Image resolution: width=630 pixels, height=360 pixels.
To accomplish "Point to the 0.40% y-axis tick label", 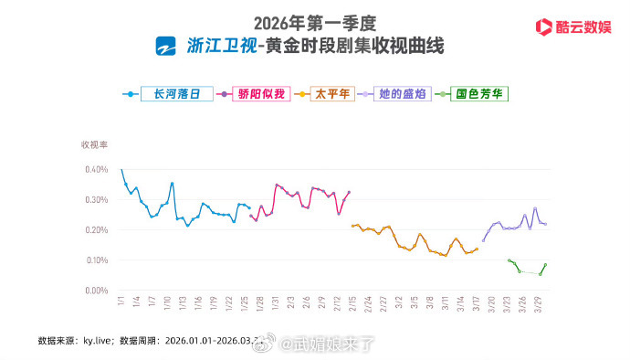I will [x=97, y=169].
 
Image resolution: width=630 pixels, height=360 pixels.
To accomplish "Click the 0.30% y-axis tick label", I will [x=97, y=199].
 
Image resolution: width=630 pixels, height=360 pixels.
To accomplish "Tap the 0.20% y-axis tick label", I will [x=97, y=229].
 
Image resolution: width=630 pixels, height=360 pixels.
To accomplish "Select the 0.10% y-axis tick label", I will [x=97, y=259].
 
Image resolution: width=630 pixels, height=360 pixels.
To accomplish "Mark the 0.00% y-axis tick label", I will [x=97, y=291].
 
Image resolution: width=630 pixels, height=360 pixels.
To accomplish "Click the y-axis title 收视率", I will [x=94, y=144].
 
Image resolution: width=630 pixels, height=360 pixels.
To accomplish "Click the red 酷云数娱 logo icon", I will [x=541, y=26].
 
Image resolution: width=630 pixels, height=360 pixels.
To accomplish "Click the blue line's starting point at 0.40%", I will [x=121, y=170].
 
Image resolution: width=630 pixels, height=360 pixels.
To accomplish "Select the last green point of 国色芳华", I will [x=545, y=265].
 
